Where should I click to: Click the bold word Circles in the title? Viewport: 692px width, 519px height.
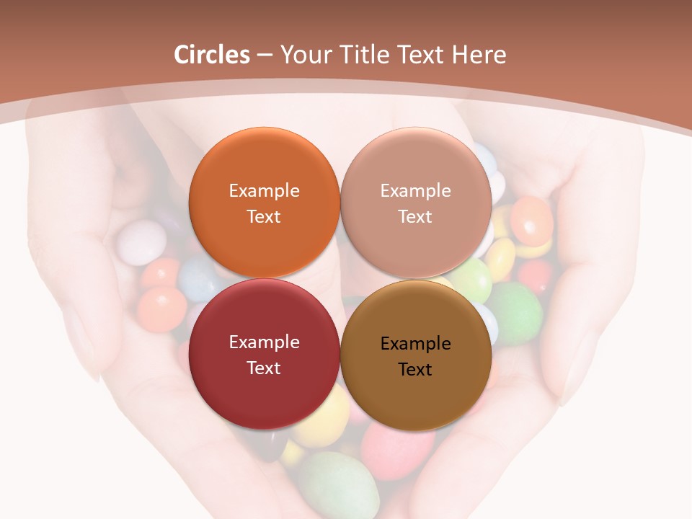212,55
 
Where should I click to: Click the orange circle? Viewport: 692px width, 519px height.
264,203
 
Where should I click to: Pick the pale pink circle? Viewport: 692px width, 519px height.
415,203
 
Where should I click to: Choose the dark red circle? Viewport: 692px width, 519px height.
264,354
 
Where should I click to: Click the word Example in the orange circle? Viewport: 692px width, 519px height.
264,190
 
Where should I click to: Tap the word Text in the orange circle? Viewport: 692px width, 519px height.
264,216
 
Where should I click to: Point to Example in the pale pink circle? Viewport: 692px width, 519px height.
415,190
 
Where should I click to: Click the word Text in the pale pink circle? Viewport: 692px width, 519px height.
415,216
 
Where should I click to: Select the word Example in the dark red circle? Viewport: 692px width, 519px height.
264,342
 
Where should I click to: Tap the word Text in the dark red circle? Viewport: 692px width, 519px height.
264,368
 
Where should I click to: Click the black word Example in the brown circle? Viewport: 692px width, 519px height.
415,343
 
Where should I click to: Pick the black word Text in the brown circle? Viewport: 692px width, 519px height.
415,369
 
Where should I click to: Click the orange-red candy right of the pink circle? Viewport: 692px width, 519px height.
532,220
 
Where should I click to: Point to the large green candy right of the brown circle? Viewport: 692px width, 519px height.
516,312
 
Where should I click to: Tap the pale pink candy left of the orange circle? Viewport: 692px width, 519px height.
141,242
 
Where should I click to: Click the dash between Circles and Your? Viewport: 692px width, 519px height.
265,56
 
